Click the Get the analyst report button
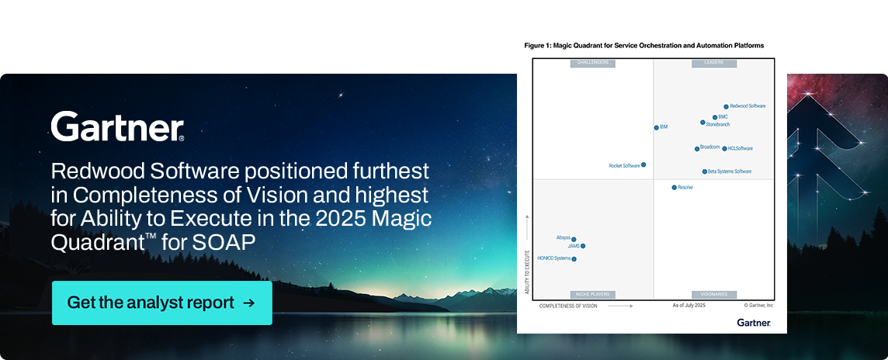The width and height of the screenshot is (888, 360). pos(161,303)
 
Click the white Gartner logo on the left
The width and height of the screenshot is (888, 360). pos(117,126)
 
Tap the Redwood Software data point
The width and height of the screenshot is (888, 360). pos(727,106)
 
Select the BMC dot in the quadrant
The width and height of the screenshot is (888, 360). pos(715,117)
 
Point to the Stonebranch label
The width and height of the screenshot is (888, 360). pos(718,124)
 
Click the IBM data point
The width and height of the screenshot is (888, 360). pos(656,127)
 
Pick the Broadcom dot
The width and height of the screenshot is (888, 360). pos(697,148)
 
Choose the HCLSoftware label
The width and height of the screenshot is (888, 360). pos(740,148)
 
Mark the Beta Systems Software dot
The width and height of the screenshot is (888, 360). pos(705,171)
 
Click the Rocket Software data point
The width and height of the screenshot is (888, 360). pos(643,164)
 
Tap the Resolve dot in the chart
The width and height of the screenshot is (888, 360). pos(674,187)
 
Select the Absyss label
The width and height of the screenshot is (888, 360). pos(563,237)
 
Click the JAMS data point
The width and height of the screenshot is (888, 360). pos(583,246)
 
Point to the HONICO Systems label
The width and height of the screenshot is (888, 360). pos(553,258)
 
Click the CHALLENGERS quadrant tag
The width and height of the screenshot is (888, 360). pos(592,63)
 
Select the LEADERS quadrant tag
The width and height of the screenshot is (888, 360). pos(713,63)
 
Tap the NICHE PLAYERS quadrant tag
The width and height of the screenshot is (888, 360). pos(592,295)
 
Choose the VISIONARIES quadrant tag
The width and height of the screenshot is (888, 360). pos(713,295)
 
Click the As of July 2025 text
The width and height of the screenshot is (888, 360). pos(689,306)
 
